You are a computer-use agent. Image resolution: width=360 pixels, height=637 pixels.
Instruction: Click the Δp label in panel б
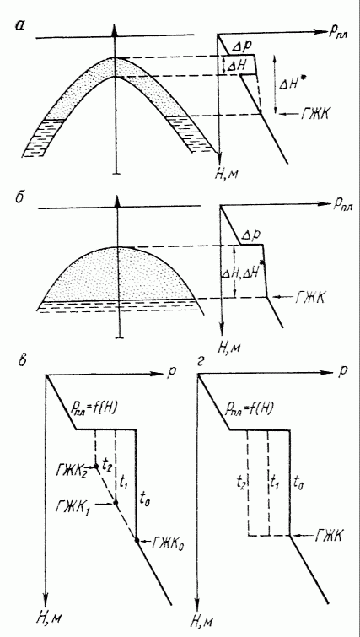(250, 235)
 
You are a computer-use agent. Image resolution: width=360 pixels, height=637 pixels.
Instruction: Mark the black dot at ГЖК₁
(116, 503)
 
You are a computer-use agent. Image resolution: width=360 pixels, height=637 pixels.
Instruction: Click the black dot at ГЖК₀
(137, 540)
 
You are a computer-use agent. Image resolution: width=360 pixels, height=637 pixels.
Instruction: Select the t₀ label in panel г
(298, 483)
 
